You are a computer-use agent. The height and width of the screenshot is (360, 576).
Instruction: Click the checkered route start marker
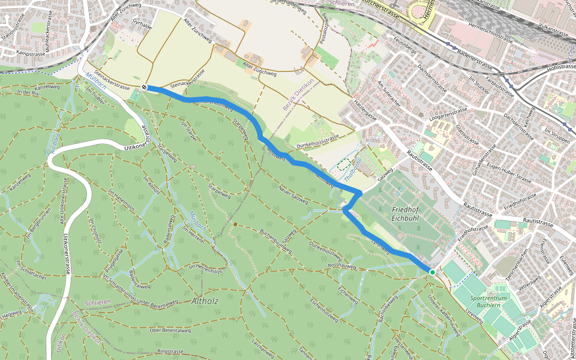pos(145,87)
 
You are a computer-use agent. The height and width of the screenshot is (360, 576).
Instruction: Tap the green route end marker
pos(432,272)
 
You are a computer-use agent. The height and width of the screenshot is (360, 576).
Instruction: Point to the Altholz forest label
pos(205,301)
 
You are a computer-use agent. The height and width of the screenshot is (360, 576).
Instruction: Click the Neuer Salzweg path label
pos(293,194)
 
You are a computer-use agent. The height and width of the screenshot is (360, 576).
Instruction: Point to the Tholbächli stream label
pos(352,169)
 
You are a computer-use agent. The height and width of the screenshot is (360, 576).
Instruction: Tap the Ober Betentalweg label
pos(170,330)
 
